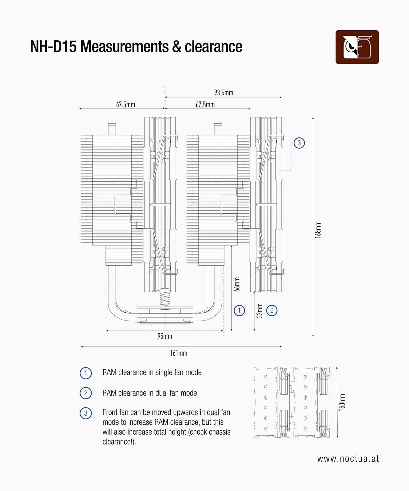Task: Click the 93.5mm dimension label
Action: (x=224, y=93)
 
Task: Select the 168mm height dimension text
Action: (x=318, y=230)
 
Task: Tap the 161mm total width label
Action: (x=178, y=353)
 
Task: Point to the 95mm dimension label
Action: (x=165, y=336)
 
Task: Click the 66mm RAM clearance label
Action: (x=237, y=284)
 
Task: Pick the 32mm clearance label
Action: (x=260, y=311)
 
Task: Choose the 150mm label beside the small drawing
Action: (x=342, y=402)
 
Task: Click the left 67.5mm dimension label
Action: (x=125, y=105)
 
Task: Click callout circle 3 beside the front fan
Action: (x=299, y=143)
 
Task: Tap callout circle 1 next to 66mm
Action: (x=239, y=310)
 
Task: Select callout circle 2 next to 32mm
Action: (x=272, y=310)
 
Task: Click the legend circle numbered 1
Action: (x=86, y=373)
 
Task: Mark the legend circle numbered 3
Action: (x=86, y=413)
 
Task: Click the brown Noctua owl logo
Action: (x=357, y=47)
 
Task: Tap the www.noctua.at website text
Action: (x=348, y=459)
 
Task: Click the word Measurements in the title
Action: (x=124, y=46)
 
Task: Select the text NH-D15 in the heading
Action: (x=53, y=46)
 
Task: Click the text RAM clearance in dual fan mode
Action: (x=149, y=393)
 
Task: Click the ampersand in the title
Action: (x=177, y=46)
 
